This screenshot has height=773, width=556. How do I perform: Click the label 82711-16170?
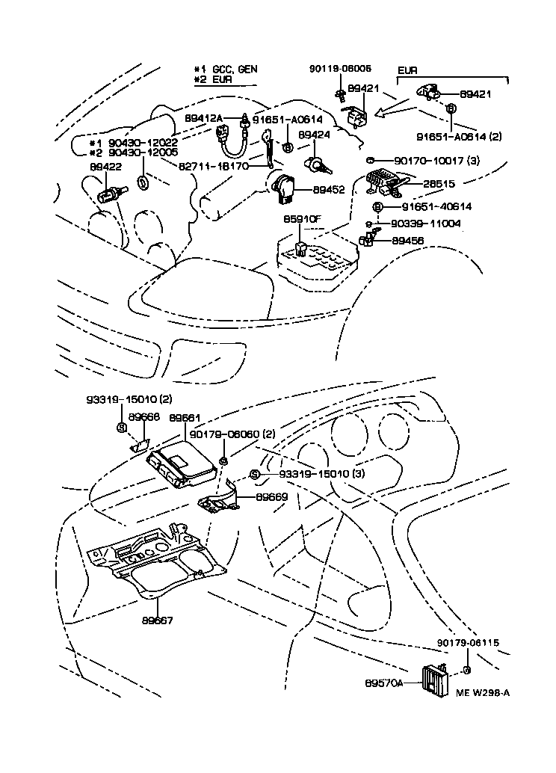pyautogui.click(x=214, y=166)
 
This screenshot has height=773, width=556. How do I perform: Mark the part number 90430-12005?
pyautogui.click(x=143, y=153)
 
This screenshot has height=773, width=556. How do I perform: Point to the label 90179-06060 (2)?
pyautogui.click(x=232, y=434)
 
